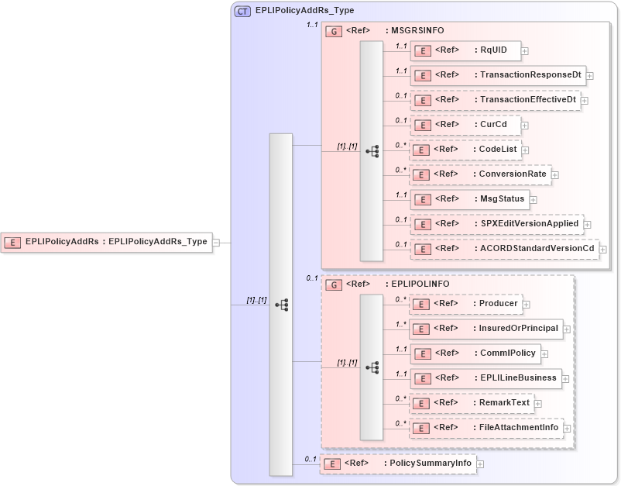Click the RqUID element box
465,50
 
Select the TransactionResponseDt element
497,75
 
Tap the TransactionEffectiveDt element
495,100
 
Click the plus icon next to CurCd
525,126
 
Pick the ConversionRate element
479,174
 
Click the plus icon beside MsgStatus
534,200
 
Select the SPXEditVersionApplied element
496,224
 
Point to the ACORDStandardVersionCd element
503,249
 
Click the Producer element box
465,304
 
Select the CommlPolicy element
474,353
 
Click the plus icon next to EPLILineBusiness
566,379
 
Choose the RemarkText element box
470,403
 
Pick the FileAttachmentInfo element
485,427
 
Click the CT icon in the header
242,11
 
